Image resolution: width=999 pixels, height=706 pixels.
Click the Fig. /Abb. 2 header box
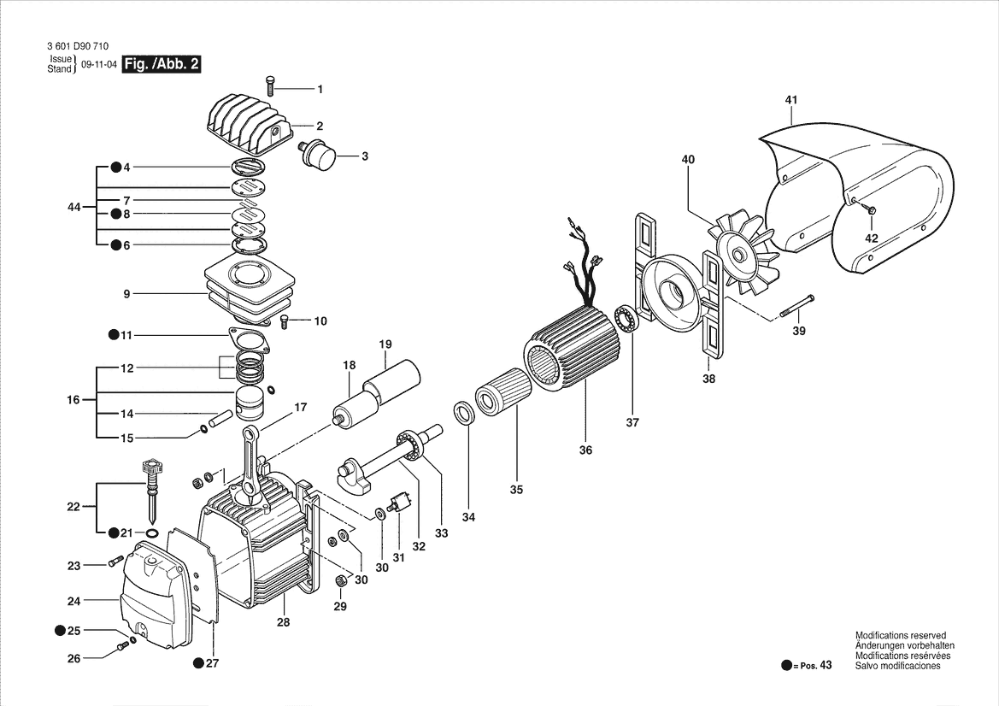(x=162, y=64)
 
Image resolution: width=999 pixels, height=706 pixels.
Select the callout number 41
(x=790, y=100)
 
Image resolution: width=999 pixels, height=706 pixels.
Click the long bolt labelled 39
(x=796, y=307)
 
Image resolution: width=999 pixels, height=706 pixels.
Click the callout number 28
(x=283, y=622)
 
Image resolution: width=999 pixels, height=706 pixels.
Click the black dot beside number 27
(x=198, y=662)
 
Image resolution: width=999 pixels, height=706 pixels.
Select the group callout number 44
(x=74, y=208)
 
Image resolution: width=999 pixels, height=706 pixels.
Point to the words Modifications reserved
(x=900, y=636)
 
